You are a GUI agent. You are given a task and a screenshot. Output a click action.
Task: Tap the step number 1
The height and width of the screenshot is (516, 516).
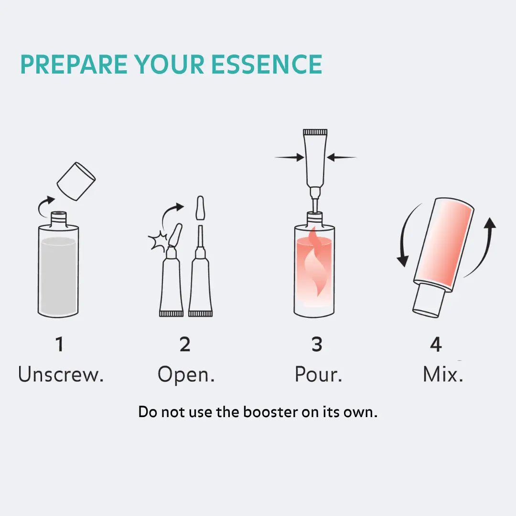[59, 344]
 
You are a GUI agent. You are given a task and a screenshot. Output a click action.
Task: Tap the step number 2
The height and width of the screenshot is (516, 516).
[185, 344]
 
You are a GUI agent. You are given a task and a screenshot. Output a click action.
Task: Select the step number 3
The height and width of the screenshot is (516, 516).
[317, 344]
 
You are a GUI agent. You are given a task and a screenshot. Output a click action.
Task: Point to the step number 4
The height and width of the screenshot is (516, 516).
[436, 344]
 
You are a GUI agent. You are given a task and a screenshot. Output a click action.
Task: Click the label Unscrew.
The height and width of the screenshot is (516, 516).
[61, 375]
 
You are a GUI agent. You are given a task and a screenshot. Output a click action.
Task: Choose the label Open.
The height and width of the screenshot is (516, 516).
[186, 375]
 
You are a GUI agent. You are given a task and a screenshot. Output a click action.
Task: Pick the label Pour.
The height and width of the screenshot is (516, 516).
[318, 375]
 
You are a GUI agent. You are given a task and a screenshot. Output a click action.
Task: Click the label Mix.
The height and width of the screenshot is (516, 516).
[443, 375]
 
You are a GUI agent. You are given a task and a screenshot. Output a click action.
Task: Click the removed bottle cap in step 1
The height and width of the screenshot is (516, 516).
[76, 181]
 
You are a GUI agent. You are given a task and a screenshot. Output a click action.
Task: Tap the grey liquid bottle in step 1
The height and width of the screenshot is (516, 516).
[58, 272]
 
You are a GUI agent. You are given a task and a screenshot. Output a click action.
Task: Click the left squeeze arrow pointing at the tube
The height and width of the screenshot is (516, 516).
[290, 157]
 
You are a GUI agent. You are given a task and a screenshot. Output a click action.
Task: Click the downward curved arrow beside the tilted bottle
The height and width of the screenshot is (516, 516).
[405, 239]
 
